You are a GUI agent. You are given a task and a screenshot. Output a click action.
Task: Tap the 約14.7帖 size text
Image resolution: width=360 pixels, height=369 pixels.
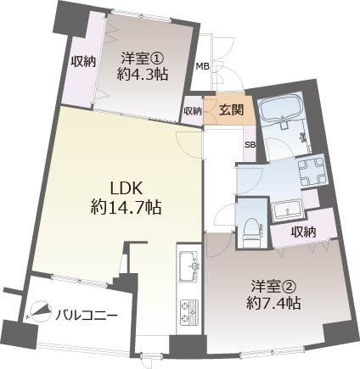127,206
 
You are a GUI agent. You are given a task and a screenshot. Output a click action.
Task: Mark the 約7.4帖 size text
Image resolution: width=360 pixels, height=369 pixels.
271,304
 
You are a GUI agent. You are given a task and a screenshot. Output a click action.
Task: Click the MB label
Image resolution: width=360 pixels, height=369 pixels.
202,66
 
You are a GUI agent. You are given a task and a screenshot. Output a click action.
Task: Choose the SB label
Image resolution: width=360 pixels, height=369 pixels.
250,144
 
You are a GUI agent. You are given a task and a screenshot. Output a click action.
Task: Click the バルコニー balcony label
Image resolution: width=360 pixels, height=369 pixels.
87,316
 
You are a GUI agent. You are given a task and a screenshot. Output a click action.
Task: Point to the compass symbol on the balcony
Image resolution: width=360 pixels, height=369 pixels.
39,313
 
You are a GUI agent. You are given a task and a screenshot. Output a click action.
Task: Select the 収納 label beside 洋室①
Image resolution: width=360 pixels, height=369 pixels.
82,61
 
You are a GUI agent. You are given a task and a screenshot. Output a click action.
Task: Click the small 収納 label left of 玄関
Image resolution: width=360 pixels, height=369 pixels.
193,110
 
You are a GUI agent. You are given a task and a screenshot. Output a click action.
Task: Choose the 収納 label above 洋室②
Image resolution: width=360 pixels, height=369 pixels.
303,232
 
